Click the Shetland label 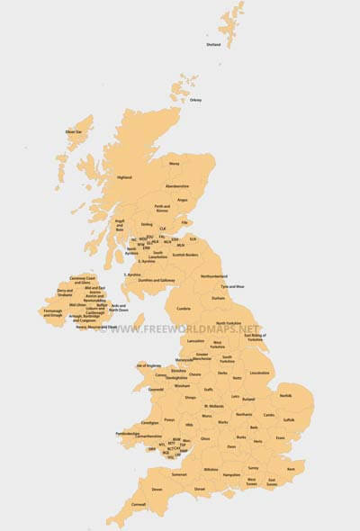(213, 44)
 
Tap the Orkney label (195, 100)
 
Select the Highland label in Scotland (124, 177)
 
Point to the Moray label (175, 164)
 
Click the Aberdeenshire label (177, 186)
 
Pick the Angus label (183, 200)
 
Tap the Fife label (185, 222)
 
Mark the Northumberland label (214, 275)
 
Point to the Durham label (218, 297)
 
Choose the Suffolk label (289, 419)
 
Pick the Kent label (290, 469)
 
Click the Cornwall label (112, 504)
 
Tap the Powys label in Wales (167, 418)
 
